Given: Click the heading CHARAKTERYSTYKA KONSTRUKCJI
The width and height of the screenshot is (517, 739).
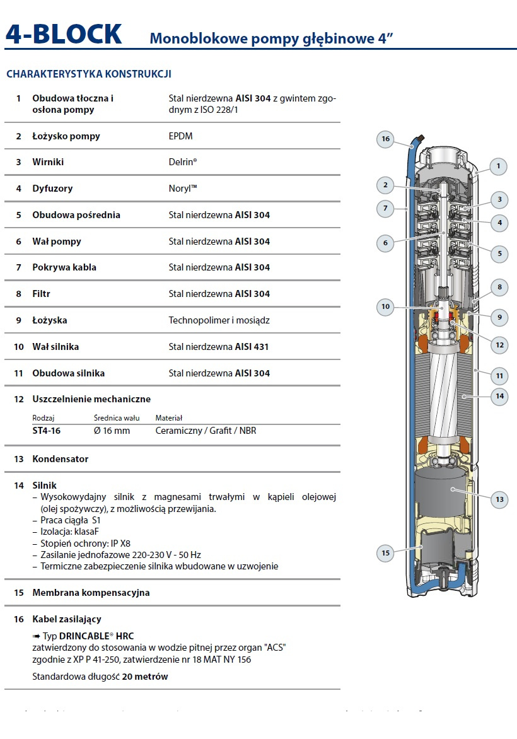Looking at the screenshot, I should [x=88, y=74].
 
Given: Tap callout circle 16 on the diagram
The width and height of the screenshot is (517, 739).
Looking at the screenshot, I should [x=386, y=139].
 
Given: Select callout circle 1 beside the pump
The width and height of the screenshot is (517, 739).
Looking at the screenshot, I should [x=498, y=166].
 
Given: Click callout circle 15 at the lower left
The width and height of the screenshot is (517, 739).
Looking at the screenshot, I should [x=386, y=553].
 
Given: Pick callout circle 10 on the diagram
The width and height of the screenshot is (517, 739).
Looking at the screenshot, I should [x=386, y=307].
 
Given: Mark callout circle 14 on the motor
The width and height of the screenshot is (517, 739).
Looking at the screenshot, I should [x=500, y=397].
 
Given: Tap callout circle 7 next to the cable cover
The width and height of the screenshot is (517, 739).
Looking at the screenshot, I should [x=386, y=207].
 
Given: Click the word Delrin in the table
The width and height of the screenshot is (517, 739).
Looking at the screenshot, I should [x=182, y=162].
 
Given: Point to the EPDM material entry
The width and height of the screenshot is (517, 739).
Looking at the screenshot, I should [x=180, y=136].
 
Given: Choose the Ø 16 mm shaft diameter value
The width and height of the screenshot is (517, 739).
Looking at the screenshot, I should [x=112, y=431].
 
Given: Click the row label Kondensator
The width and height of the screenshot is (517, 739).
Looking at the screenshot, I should [x=61, y=459].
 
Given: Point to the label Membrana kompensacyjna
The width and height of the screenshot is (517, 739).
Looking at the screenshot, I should [x=91, y=593].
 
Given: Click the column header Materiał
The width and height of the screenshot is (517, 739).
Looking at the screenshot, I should [x=169, y=418].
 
